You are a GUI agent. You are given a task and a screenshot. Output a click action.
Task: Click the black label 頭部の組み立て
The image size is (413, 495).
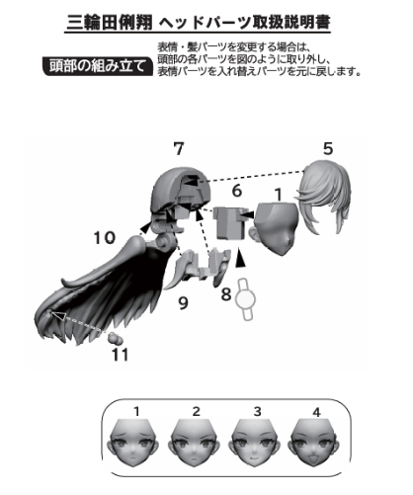click(98, 66)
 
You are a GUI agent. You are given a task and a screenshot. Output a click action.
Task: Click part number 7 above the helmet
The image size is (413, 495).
click(179, 148)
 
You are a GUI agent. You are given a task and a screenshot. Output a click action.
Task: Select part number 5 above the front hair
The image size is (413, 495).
click(328, 148)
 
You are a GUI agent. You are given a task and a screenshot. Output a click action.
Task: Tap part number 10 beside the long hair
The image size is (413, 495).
click(105, 237)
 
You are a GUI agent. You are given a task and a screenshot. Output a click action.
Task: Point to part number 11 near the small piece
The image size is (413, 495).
click(120, 355)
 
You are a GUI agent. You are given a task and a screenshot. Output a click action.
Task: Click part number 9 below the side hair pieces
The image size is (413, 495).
click(183, 303)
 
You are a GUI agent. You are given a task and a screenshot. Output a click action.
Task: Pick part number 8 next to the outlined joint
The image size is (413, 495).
click(226, 294)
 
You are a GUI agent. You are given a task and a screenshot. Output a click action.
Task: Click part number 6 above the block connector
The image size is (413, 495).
click(237, 191)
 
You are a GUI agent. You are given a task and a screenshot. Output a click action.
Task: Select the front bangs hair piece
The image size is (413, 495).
click(324, 198)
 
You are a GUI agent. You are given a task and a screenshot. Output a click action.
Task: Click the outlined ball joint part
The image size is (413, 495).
click(245, 299)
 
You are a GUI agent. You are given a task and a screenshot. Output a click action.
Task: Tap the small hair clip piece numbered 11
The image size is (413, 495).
click(115, 338)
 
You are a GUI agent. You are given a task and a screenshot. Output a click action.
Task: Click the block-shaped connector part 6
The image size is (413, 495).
click(230, 223)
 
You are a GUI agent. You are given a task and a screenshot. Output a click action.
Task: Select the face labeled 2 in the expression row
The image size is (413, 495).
click(195, 443)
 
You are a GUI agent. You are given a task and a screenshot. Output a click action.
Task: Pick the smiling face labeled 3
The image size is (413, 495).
click(256, 443)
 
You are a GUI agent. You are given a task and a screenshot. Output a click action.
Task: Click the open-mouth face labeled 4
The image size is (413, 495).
click(315, 443)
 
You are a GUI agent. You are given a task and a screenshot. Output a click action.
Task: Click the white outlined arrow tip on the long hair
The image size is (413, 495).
click(53, 314)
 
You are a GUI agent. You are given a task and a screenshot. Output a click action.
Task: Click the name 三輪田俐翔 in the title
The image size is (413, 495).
click(110, 23)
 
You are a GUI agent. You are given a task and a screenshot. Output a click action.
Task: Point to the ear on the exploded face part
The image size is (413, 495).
click(255, 233)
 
